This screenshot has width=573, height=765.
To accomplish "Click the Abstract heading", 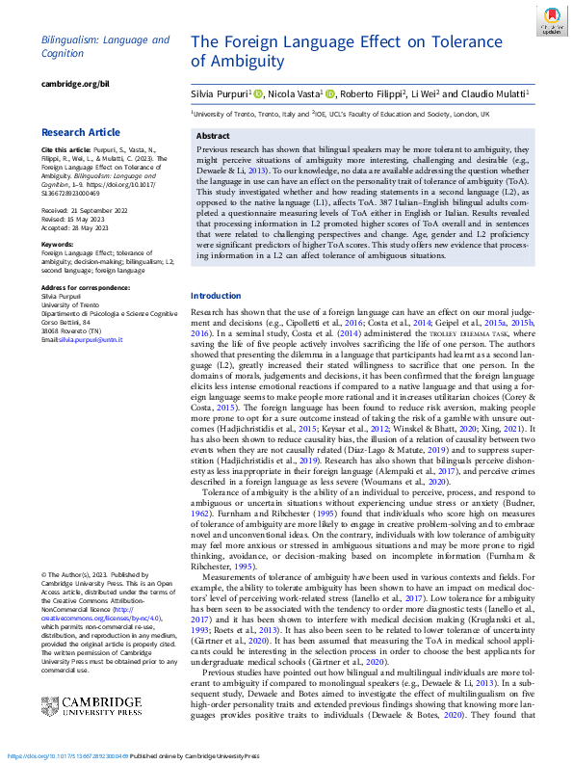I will (213, 137).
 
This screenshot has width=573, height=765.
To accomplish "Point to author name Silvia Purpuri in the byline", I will (222, 94).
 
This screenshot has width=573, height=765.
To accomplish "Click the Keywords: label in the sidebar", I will (57, 245).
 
